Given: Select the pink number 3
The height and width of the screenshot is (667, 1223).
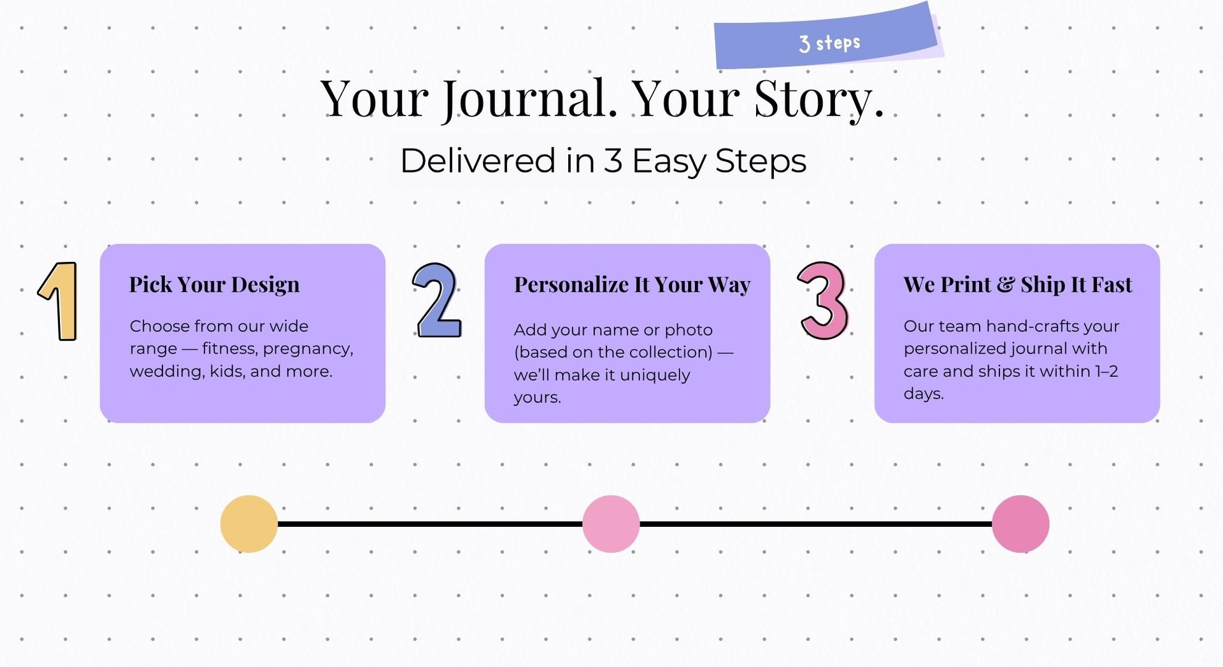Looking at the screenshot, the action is point(823,300).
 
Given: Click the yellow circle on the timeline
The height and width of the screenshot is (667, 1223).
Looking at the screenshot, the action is point(249,524).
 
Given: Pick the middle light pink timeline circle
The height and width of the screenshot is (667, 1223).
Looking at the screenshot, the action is point(611,524).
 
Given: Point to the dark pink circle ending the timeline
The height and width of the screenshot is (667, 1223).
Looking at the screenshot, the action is point(1020,524).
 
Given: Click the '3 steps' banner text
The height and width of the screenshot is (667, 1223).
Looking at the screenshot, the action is point(829,43).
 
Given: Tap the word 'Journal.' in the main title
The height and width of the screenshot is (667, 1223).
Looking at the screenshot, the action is point(530,99).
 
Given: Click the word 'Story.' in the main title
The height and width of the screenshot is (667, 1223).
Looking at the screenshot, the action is point(819,99).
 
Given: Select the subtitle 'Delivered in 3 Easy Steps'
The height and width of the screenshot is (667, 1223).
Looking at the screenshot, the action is point(603,161).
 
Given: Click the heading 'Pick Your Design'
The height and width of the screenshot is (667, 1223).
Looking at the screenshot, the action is point(214,285).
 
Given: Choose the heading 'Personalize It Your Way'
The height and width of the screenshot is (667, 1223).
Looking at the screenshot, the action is point(633,285).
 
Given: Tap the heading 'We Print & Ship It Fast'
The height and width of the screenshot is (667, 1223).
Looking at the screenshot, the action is point(1018,285).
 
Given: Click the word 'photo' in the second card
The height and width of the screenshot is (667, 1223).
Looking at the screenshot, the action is point(689,330).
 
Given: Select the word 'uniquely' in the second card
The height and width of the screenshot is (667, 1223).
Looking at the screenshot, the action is point(655,375).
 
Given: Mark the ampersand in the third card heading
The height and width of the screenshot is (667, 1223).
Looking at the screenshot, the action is point(1006,285).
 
